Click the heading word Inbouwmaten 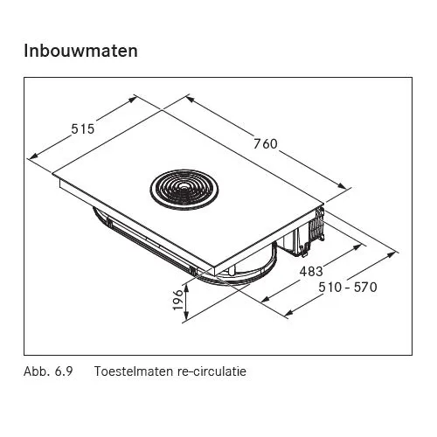point(80,51)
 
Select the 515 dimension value point(83,128)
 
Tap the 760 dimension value point(266,144)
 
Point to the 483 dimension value point(311,272)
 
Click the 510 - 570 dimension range point(348,288)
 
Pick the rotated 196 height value point(178,300)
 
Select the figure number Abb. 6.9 point(48,371)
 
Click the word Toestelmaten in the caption point(134,371)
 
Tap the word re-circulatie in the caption point(212,371)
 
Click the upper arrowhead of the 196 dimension point(186,288)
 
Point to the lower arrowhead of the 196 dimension point(186,316)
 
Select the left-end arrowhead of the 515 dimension point(33,156)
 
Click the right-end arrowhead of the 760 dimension point(343,186)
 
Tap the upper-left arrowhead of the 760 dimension point(190,99)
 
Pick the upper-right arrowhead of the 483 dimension point(357,247)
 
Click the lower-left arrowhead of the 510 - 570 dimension point(288,314)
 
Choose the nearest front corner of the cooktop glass point(215,267)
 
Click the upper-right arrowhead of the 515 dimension point(133,100)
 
